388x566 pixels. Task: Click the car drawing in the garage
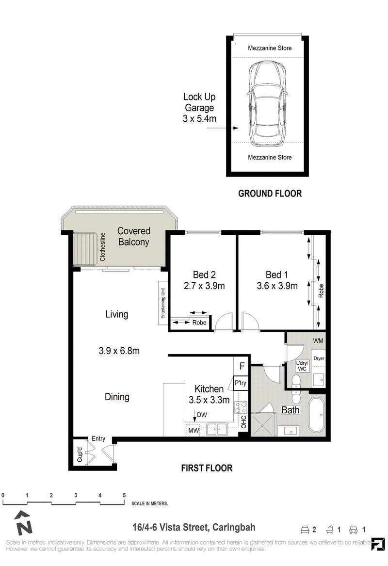click(x=267, y=104)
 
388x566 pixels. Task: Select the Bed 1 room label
click(x=277, y=275)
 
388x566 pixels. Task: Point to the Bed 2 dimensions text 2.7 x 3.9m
click(x=204, y=286)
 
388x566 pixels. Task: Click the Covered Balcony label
click(x=133, y=236)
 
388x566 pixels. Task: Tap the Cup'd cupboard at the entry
click(x=80, y=454)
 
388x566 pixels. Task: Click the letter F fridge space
click(x=242, y=366)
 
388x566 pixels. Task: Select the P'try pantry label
click(x=241, y=383)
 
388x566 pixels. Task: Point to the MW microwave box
click(x=194, y=430)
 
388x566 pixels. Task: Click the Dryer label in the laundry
click(x=319, y=358)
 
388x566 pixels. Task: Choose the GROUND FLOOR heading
click(x=270, y=194)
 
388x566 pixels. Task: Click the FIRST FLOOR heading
click(x=207, y=468)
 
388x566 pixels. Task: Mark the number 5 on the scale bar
click(x=124, y=495)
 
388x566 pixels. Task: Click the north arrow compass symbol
click(x=23, y=523)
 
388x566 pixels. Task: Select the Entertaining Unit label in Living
click(x=163, y=303)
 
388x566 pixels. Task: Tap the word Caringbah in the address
click(x=234, y=527)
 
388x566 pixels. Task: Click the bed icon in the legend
click(x=305, y=530)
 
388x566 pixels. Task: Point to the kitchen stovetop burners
click(x=241, y=407)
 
